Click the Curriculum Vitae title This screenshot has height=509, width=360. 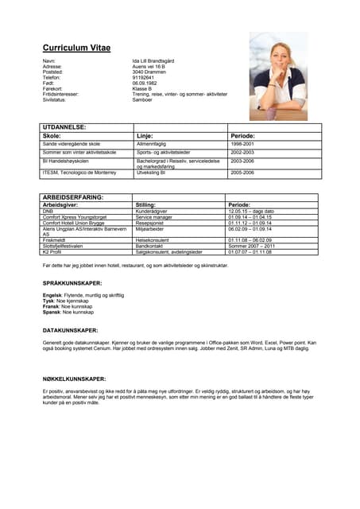coord(76,48)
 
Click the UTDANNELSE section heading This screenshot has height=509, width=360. coord(64,127)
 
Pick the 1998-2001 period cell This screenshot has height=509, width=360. coord(242,144)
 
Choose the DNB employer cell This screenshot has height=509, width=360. coord(48,211)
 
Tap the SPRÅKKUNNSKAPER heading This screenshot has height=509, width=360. coord(72,283)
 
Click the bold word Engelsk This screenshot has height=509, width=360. coord(52,295)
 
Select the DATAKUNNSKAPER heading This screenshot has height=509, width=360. coord(70,329)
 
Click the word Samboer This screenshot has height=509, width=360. coord(144,99)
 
